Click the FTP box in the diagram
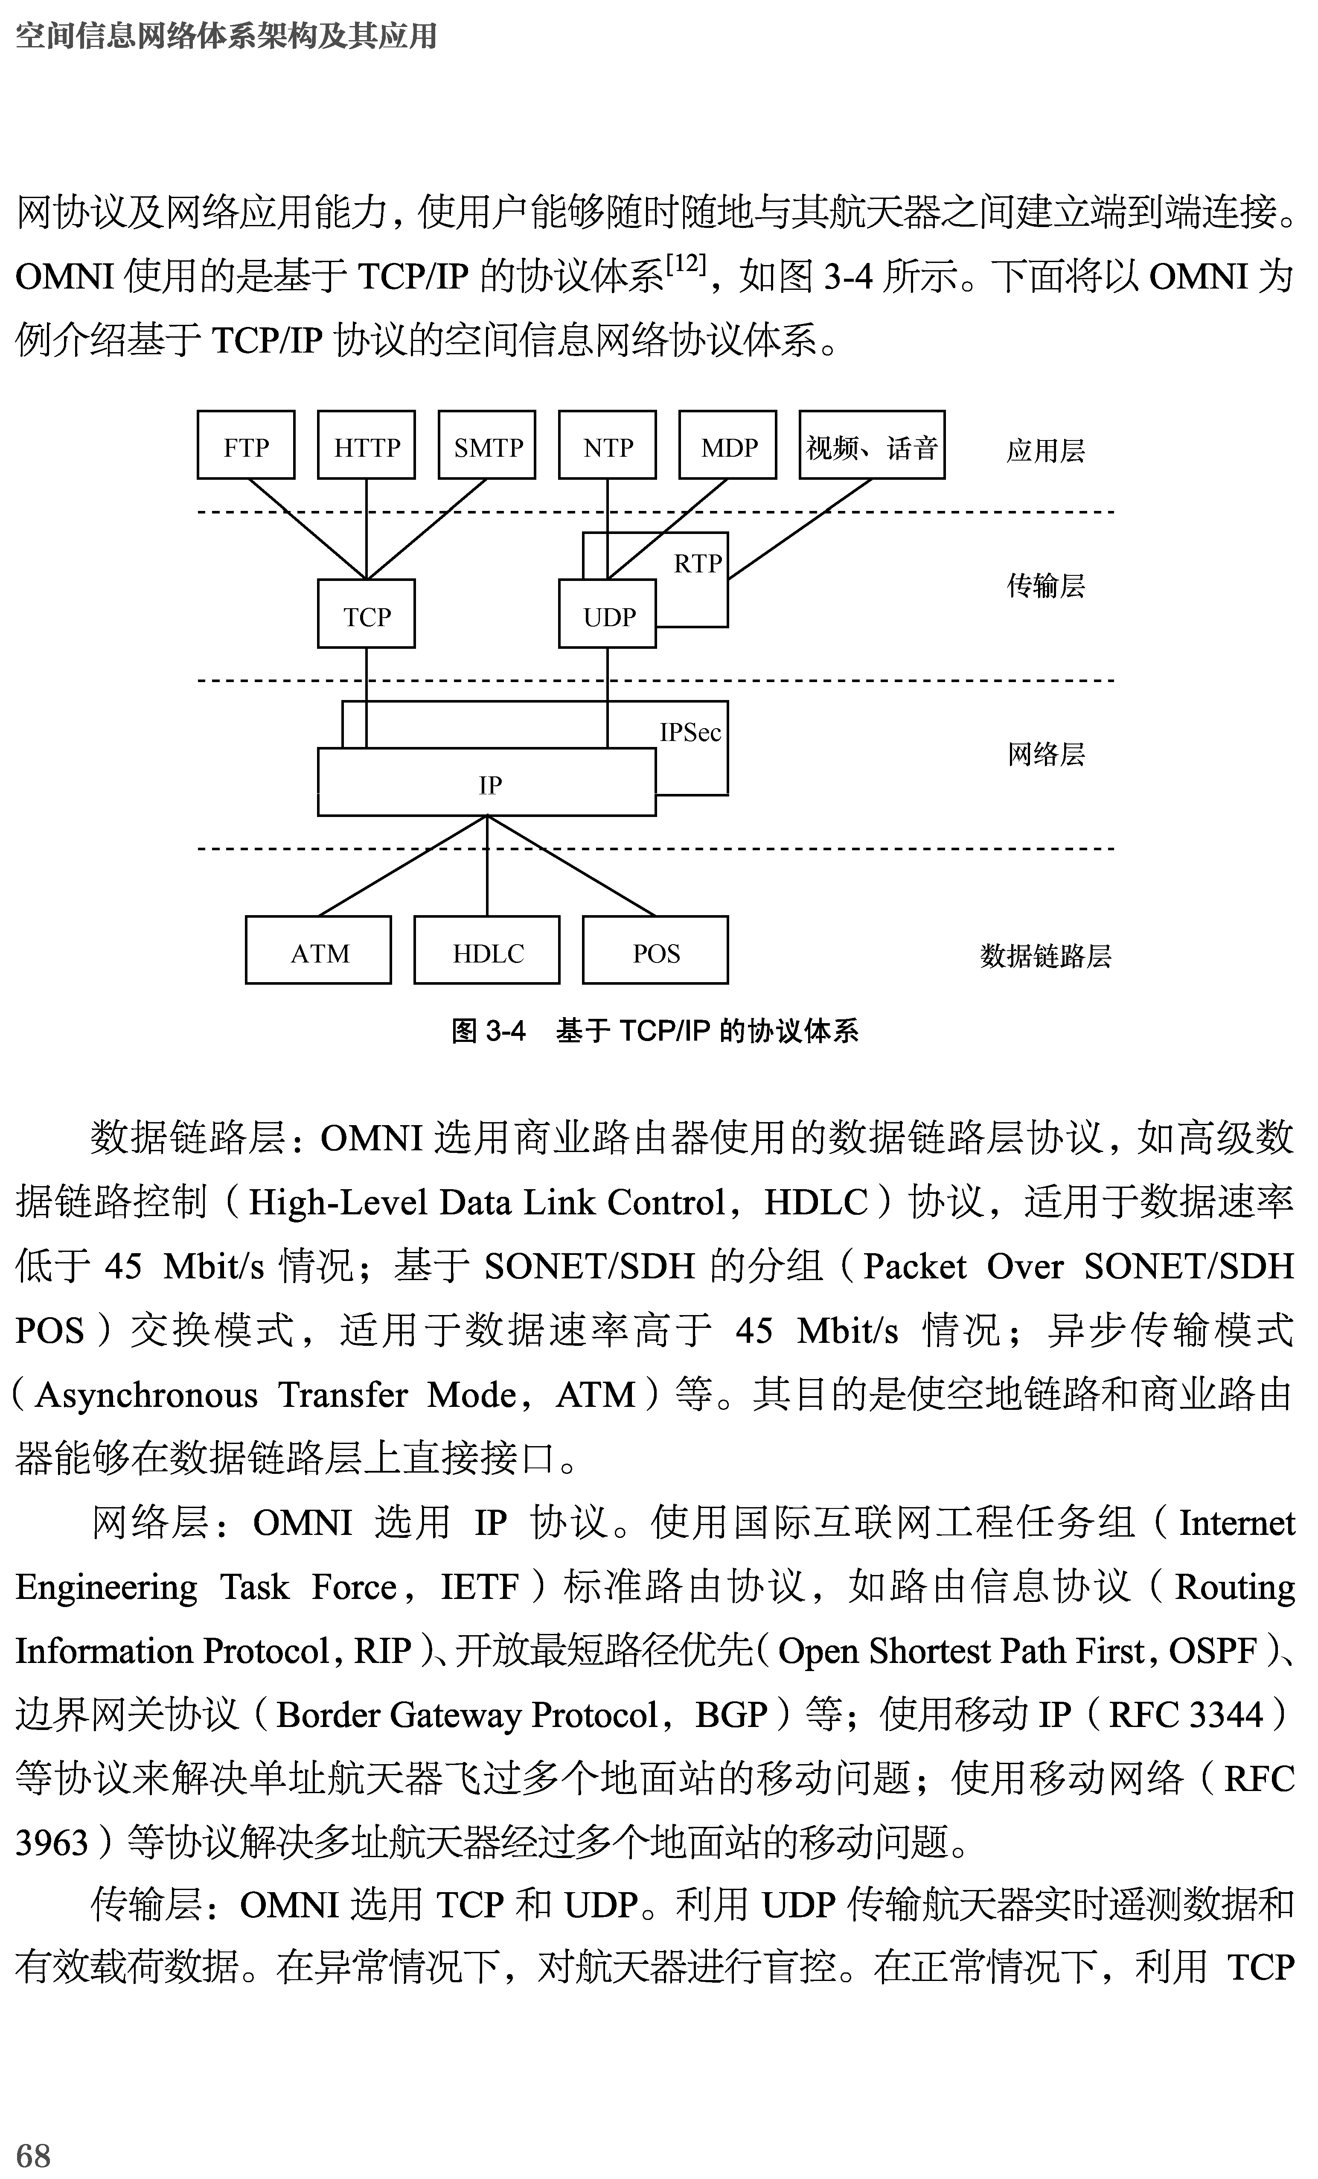tap(246, 446)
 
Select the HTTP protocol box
tap(366, 446)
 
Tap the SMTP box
tap(487, 446)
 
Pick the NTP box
tap(607, 446)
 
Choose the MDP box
tap(727, 446)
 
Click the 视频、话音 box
tap(872, 446)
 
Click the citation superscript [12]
tap(686, 263)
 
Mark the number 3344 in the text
tap(1221, 1715)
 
